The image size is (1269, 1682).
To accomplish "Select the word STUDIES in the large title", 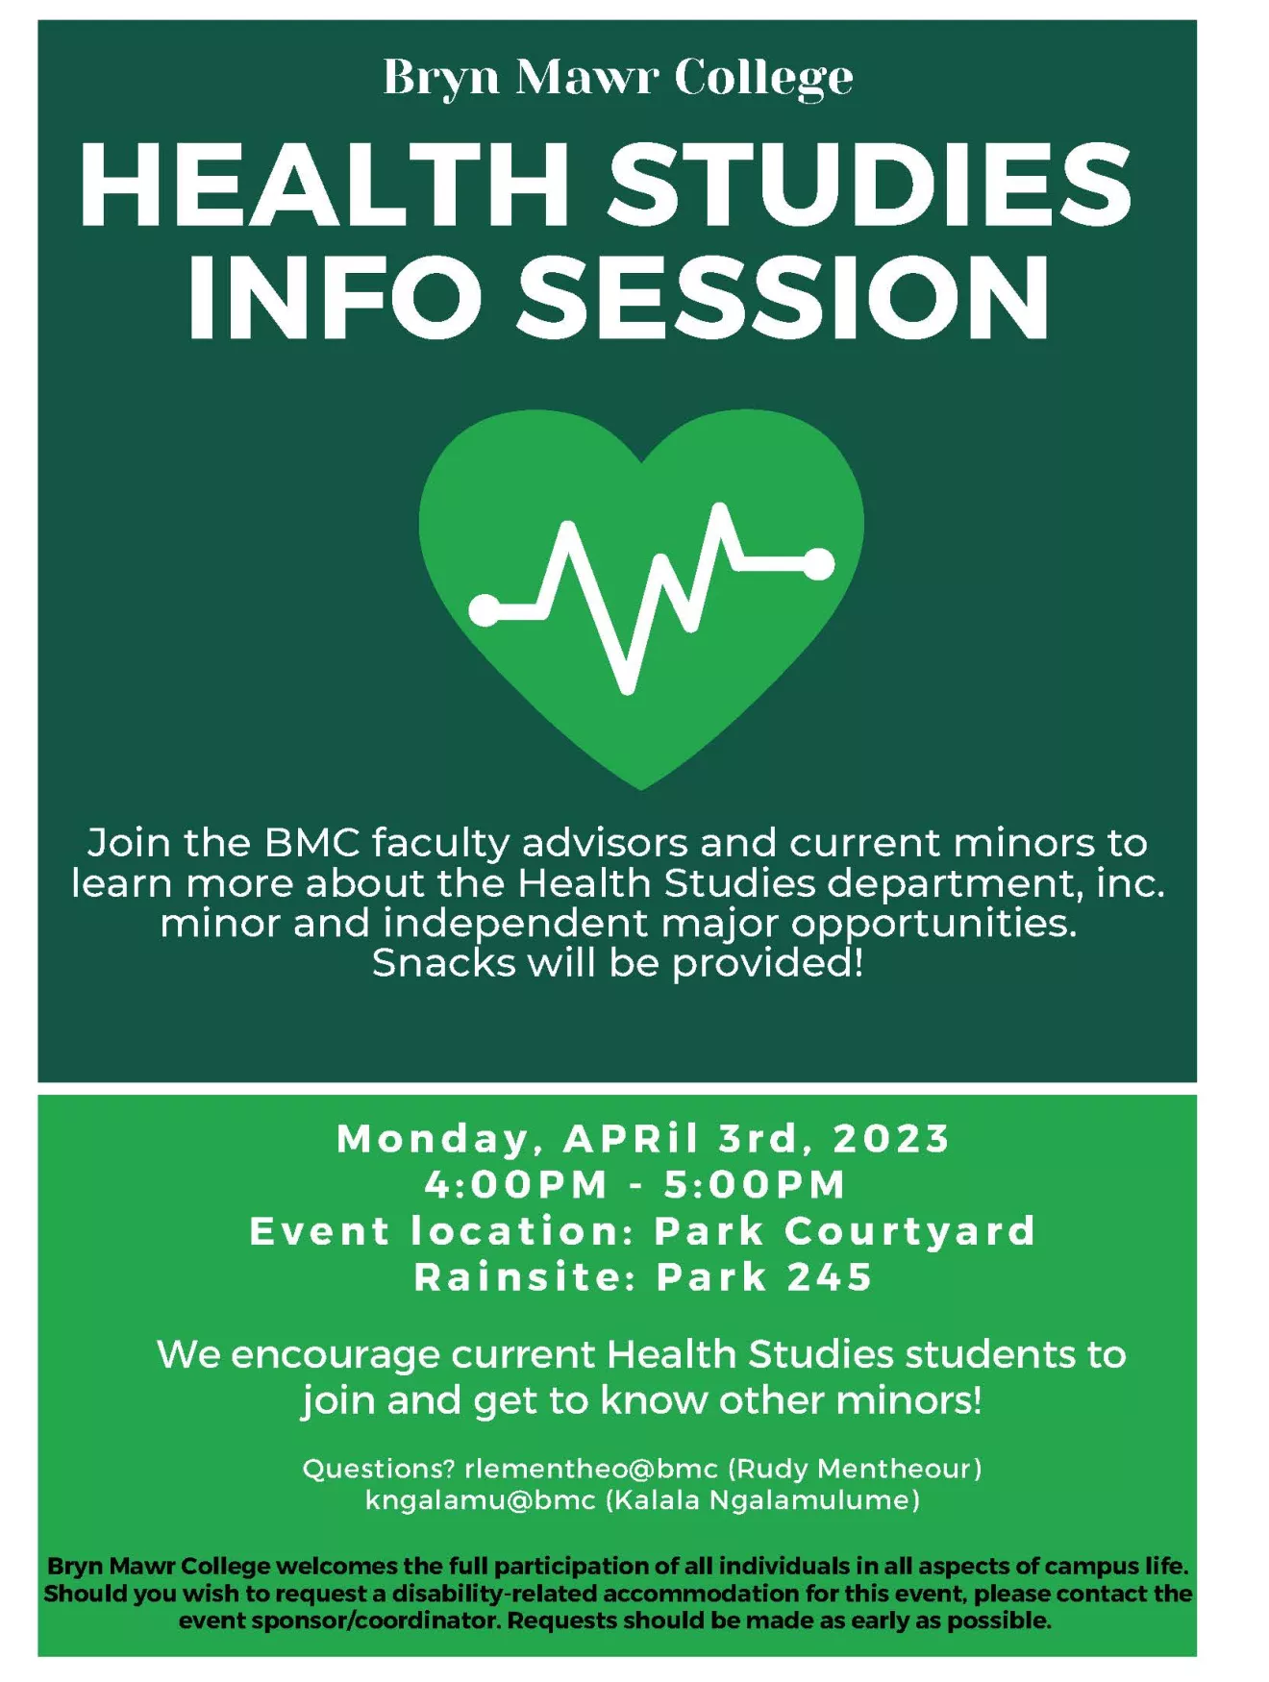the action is pos(869,185).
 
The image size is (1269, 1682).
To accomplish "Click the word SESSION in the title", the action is pos(784,297).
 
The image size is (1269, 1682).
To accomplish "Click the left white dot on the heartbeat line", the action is pos(485,609).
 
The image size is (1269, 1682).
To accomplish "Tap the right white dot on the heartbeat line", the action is pos(818,564).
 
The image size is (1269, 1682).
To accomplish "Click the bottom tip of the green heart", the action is pos(641,790).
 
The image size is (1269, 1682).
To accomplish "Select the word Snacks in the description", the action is pos(443,963).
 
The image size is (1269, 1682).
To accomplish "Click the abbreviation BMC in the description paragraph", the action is pos(311,843).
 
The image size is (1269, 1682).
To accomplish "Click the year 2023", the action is pos(891,1138).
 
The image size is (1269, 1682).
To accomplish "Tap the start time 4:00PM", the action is pos(516,1184).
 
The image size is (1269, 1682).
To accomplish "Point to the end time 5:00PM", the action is pos(755,1184).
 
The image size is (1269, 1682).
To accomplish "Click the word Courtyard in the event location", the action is pos(910,1232).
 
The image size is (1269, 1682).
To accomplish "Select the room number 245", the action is pos(830,1277).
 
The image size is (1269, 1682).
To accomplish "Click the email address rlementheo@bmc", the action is pos(591,1469).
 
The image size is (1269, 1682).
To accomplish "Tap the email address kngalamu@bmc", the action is pos(480,1500).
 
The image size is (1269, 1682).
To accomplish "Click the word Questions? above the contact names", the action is pos(379,1469).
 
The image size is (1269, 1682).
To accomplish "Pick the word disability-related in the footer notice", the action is pos(495,1594).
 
